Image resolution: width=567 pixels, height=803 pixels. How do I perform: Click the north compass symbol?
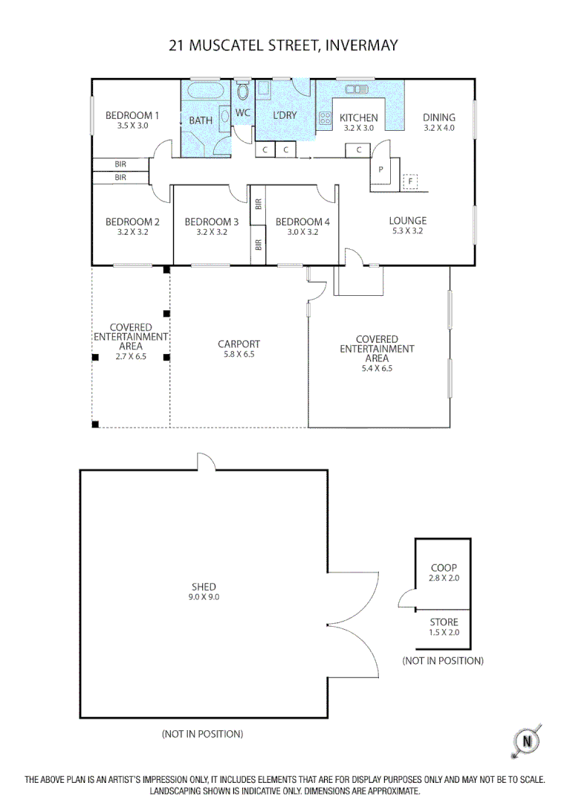click(527, 741)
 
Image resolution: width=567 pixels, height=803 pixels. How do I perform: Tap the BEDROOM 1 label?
click(132, 115)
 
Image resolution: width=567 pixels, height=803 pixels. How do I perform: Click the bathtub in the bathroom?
click(201, 93)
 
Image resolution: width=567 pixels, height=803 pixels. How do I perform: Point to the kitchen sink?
click(357, 89)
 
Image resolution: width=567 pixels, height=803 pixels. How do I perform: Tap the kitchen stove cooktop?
click(325, 117)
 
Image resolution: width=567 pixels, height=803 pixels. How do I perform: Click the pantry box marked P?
click(380, 169)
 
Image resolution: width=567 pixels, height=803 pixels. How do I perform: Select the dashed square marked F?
click(410, 181)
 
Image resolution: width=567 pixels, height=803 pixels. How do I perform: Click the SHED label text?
click(204, 587)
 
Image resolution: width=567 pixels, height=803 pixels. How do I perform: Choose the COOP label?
click(444, 568)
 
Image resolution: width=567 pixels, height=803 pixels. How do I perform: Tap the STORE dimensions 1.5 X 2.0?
click(444, 633)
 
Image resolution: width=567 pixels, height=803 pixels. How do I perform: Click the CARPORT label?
click(239, 344)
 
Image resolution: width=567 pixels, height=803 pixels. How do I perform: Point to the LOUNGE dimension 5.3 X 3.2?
click(407, 231)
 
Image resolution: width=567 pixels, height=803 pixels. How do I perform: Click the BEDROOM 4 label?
click(302, 222)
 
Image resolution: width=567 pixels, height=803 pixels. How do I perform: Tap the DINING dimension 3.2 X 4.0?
click(438, 128)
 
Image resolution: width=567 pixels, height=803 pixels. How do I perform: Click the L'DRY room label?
click(285, 115)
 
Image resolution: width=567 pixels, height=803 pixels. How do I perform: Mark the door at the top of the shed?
click(206, 461)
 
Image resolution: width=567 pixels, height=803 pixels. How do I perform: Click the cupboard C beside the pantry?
click(358, 150)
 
